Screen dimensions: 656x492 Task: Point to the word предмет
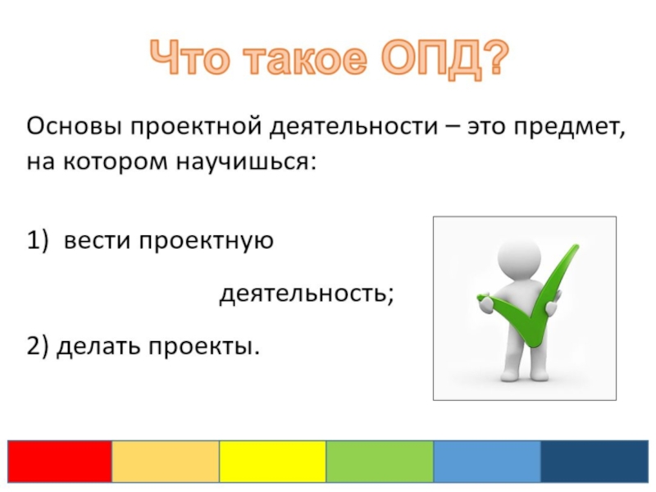[569, 127]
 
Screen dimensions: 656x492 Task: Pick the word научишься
[244, 162]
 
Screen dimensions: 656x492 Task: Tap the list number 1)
[38, 241]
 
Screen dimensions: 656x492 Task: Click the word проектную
[207, 242]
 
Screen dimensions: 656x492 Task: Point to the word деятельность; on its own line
[307, 294]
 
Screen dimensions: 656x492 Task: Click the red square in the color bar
[60, 462]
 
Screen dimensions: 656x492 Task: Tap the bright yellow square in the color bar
[273, 462]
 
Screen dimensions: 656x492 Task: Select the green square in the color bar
[380, 462]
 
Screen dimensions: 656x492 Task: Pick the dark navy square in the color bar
[594, 462]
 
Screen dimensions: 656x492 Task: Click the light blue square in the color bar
[487, 462]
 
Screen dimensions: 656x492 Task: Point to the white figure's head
[519, 256]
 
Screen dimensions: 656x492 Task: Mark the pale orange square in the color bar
[166, 462]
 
